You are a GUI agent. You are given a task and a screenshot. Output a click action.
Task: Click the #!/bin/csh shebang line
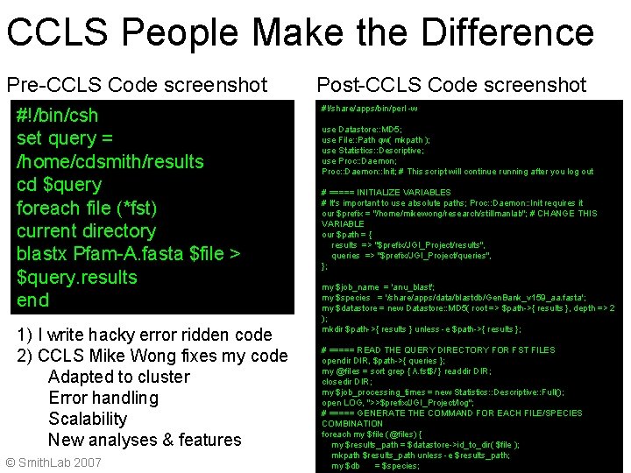[57, 116]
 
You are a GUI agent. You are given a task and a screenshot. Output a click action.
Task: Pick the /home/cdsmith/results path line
[110, 162]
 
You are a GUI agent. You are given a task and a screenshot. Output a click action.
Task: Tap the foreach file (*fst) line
[87, 208]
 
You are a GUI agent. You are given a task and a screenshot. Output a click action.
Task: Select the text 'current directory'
[86, 231]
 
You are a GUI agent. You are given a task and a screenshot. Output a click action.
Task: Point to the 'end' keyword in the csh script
[33, 300]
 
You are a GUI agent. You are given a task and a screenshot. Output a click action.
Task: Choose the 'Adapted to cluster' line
[118, 377]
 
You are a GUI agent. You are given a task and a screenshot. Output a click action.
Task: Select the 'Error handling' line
[103, 398]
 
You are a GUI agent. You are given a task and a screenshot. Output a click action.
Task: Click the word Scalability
[88, 419]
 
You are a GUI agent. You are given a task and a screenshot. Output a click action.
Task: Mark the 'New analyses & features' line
[145, 440]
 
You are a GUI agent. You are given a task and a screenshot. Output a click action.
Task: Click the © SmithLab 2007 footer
[53, 462]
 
